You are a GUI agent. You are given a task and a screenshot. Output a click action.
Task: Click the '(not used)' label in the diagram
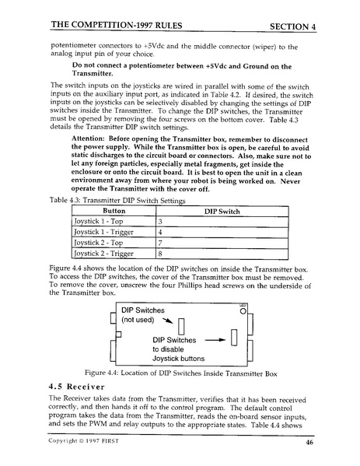(x=141, y=320)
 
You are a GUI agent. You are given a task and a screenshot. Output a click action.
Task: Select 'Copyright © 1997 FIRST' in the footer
(x=80, y=445)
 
